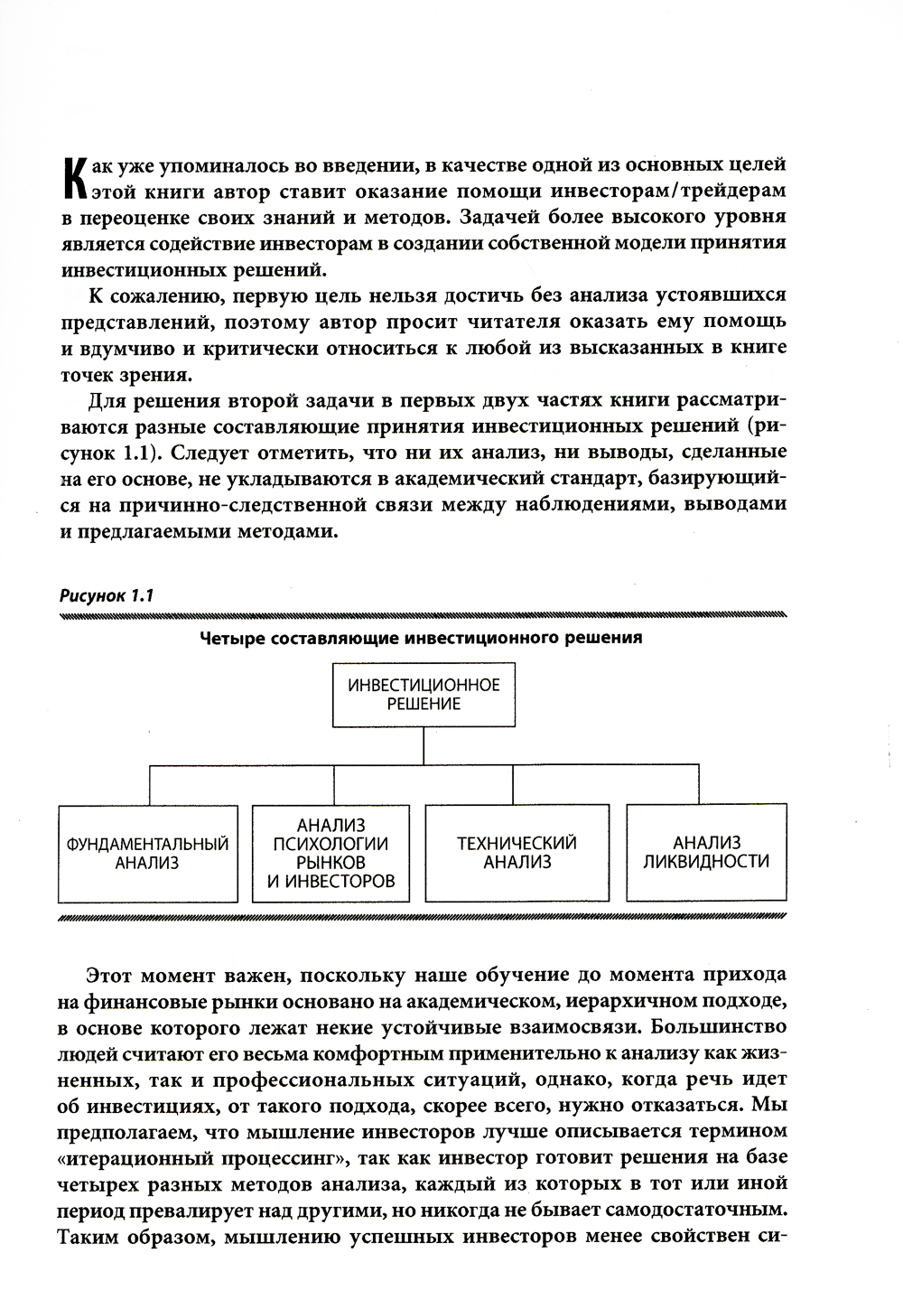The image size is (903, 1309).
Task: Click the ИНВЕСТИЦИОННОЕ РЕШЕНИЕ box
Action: point(424,695)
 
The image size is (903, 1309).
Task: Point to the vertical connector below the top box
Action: point(424,746)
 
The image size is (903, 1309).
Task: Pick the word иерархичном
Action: point(637,1002)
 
